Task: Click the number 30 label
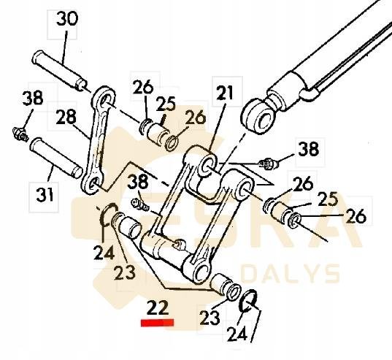(x=66, y=20)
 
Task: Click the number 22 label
(x=158, y=307)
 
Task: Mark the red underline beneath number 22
(x=158, y=321)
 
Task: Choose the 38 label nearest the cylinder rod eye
(x=307, y=150)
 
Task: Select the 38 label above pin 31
(x=32, y=98)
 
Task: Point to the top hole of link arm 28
(x=104, y=98)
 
